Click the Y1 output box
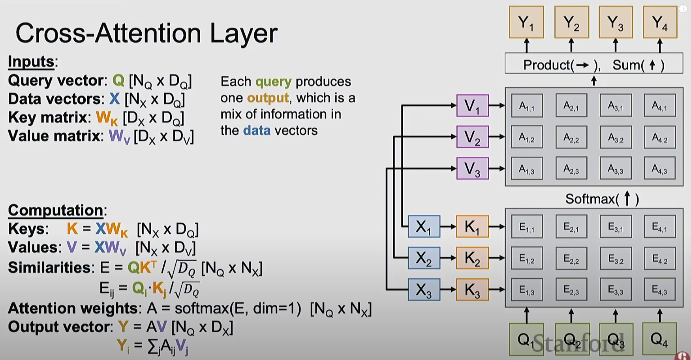coord(526,22)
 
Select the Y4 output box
coord(660,22)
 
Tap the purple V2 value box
coord(473,137)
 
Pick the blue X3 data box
coord(424,290)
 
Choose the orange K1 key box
coord(472,227)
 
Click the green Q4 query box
coord(659,339)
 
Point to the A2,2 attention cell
coord(571,137)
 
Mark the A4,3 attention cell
coord(659,169)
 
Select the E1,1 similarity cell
coord(527,227)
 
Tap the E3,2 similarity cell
coord(615,258)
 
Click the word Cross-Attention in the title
coord(108,33)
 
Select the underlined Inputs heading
coord(31,62)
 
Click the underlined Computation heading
coord(56,210)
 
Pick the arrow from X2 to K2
coord(448,258)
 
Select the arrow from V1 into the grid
coord(497,105)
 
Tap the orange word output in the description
coord(268,98)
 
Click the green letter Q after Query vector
coord(118,81)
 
